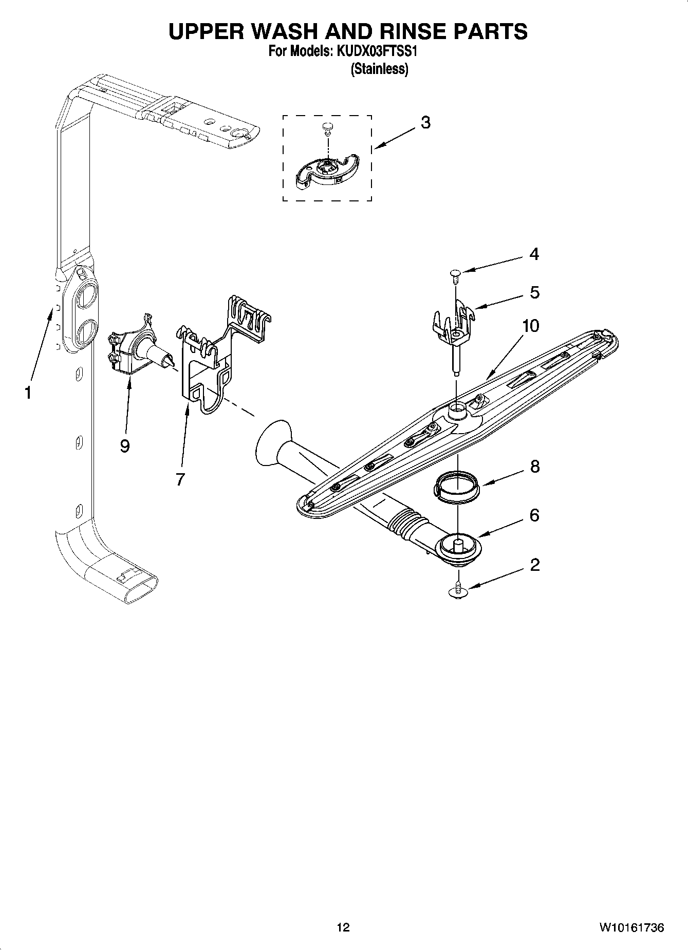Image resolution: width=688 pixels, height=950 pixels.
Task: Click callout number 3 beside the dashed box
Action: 425,123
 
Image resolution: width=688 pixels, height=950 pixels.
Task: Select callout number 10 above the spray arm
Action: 531,326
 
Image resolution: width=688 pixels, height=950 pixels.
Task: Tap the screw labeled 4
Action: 455,275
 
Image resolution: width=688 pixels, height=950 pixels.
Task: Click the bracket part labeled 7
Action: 206,375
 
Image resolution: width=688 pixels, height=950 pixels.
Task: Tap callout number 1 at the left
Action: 28,393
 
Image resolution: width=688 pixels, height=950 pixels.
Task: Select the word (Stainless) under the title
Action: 379,69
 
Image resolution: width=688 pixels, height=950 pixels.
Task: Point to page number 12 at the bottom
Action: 343,927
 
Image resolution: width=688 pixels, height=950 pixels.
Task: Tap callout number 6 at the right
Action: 534,515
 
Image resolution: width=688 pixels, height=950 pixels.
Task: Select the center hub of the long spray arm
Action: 456,412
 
